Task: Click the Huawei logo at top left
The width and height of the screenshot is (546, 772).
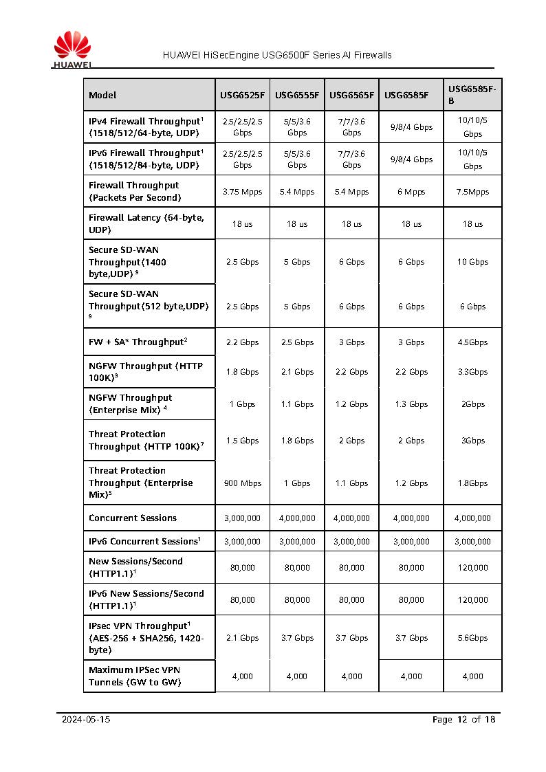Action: click(x=72, y=50)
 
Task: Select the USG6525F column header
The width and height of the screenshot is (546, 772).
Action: click(x=242, y=95)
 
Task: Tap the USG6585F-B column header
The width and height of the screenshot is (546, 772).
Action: click(x=472, y=95)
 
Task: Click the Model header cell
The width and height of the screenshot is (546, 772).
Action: click(x=102, y=95)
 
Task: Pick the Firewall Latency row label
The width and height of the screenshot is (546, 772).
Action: click(x=146, y=223)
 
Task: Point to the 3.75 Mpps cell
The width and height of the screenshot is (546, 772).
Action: click(x=242, y=192)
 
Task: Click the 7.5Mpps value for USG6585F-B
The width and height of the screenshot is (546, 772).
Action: click(x=472, y=192)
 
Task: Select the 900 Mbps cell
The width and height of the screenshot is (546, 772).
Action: click(x=242, y=483)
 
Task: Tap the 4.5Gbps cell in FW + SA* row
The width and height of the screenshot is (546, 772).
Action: click(x=472, y=342)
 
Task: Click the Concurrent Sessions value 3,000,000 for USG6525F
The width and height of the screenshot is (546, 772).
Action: click(x=242, y=518)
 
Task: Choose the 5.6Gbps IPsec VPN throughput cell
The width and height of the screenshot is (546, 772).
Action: click(x=472, y=638)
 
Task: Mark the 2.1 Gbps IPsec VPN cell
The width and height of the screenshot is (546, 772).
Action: click(x=242, y=638)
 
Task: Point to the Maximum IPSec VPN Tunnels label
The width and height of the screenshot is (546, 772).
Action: click(x=135, y=676)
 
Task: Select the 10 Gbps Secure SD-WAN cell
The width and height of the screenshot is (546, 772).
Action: click(x=472, y=262)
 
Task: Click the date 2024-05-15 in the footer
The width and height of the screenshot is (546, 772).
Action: click(x=86, y=720)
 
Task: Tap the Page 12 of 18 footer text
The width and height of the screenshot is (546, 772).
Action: click(x=463, y=720)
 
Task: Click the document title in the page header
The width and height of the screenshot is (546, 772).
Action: click(x=277, y=55)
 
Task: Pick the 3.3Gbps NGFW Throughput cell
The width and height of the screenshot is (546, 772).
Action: click(x=472, y=372)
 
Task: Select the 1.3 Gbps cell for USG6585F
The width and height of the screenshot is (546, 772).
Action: click(x=411, y=404)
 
